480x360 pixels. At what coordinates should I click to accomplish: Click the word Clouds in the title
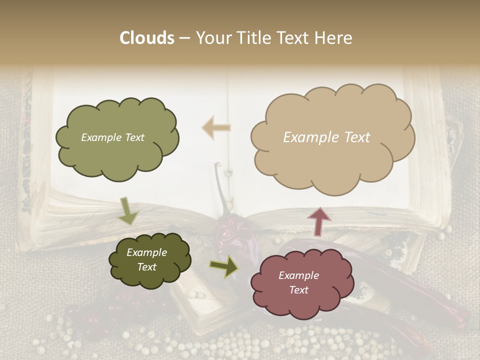tap(146, 38)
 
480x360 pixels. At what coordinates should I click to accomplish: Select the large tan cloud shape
tap(332, 137)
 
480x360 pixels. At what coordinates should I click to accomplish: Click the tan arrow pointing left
tap(216, 127)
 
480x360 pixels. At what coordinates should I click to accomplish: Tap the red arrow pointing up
tap(318, 221)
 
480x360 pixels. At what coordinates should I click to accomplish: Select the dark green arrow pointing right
tap(224, 267)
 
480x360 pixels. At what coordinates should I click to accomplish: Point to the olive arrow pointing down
tap(128, 211)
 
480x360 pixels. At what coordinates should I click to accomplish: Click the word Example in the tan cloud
tap(308, 137)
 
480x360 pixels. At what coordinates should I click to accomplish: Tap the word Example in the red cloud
tap(298, 275)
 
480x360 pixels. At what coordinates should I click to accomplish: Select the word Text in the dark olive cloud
tap(147, 267)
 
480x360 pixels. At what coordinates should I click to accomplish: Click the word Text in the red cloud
tap(298, 290)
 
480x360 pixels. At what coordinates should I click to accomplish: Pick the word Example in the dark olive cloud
tap(146, 252)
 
